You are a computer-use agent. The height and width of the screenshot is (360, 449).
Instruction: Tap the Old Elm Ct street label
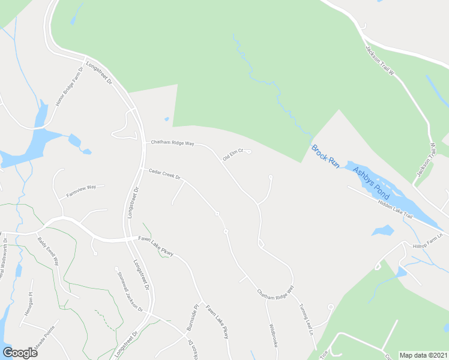click(x=232, y=155)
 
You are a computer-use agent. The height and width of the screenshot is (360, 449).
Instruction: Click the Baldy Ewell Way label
click(x=48, y=251)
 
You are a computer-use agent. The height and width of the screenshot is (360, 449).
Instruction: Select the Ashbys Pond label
click(x=371, y=182)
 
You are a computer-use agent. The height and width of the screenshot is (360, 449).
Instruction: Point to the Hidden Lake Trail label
click(x=396, y=208)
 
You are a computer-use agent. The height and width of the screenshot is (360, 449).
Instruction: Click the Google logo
click(x=20, y=353)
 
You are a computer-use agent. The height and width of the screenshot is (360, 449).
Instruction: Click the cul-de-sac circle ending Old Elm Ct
click(x=249, y=152)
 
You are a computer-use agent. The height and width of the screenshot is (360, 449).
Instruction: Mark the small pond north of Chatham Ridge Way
click(x=167, y=119)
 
